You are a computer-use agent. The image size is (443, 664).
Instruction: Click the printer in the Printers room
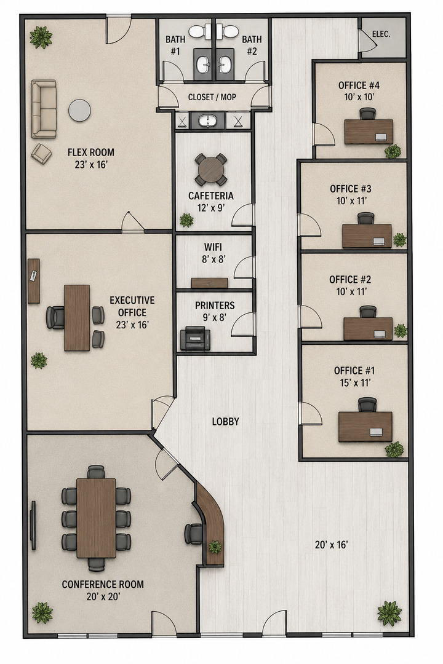tap(195, 339)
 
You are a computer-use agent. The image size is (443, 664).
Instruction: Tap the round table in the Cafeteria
tap(210, 170)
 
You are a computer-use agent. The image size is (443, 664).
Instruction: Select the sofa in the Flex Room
tap(43, 109)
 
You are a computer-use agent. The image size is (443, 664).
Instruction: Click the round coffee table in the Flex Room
tap(80, 110)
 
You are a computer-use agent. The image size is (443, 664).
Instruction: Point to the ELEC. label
tap(381, 34)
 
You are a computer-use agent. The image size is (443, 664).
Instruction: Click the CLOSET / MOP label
tap(212, 97)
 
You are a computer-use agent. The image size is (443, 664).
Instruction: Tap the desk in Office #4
tap(369, 132)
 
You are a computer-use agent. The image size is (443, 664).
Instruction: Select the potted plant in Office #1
tap(394, 449)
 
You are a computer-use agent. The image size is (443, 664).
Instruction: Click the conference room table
tap(96, 518)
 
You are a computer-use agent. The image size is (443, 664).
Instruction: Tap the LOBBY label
tap(226, 421)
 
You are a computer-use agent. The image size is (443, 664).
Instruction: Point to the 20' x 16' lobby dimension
tap(332, 545)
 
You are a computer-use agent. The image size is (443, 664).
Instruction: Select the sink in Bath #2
tap(225, 65)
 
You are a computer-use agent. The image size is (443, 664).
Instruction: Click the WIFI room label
tap(213, 247)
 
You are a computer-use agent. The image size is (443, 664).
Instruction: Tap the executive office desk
tap(77, 318)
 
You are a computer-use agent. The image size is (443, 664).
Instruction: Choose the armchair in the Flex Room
tap(41, 153)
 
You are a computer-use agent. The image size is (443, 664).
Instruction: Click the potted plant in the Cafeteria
tap(186, 219)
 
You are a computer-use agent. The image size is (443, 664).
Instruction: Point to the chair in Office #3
tap(366, 218)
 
